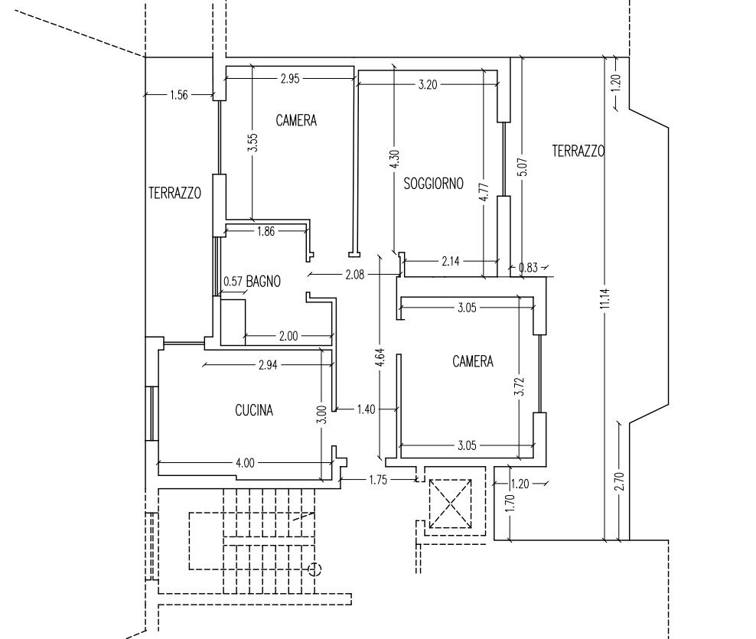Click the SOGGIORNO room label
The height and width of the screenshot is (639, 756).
(433, 183)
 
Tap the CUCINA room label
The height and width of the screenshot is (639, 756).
(254, 410)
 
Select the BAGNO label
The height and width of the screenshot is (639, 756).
(263, 281)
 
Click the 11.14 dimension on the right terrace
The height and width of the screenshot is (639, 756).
(606, 298)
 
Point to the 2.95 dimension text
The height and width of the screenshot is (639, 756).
(290, 79)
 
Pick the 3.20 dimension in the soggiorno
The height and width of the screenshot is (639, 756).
(428, 85)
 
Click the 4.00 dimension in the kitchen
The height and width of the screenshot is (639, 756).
(245, 463)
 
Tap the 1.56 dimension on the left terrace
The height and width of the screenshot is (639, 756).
(179, 95)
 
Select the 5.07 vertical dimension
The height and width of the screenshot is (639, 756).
(524, 167)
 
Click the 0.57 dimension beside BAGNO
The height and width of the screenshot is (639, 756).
(233, 281)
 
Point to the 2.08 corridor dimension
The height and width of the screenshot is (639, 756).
(355, 275)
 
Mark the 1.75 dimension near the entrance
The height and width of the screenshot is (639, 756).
(378, 480)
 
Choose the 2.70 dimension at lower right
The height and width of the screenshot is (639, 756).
(621, 481)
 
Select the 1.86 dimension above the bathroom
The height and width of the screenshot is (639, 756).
(266, 231)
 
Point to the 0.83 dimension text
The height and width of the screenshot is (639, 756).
(529, 267)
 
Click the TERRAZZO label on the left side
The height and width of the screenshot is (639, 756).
(174, 194)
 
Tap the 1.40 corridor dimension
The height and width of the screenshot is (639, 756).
(366, 409)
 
